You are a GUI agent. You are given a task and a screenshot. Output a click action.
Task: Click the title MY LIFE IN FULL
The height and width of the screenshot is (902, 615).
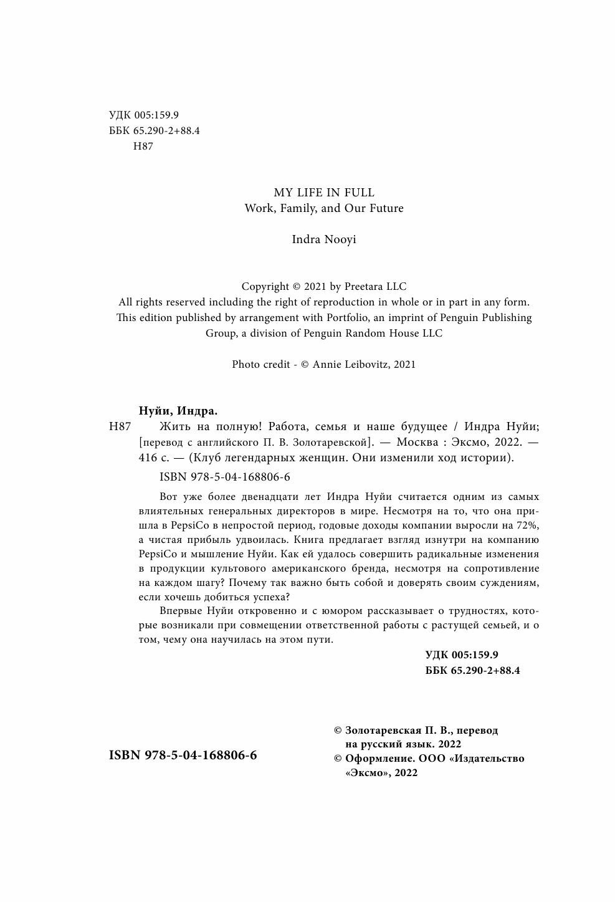324,193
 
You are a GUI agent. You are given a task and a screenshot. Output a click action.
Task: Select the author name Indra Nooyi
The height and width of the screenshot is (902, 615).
324,239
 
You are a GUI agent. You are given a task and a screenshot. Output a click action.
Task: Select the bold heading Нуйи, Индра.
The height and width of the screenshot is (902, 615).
178,411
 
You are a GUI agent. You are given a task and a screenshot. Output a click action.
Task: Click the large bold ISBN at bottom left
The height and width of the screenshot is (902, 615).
183,755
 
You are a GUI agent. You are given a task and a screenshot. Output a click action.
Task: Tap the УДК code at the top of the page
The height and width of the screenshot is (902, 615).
144,115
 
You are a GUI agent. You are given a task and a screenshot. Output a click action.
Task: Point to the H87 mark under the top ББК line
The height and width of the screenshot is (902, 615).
143,146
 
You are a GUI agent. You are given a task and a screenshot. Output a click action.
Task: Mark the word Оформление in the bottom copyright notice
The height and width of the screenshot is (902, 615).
379,759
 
